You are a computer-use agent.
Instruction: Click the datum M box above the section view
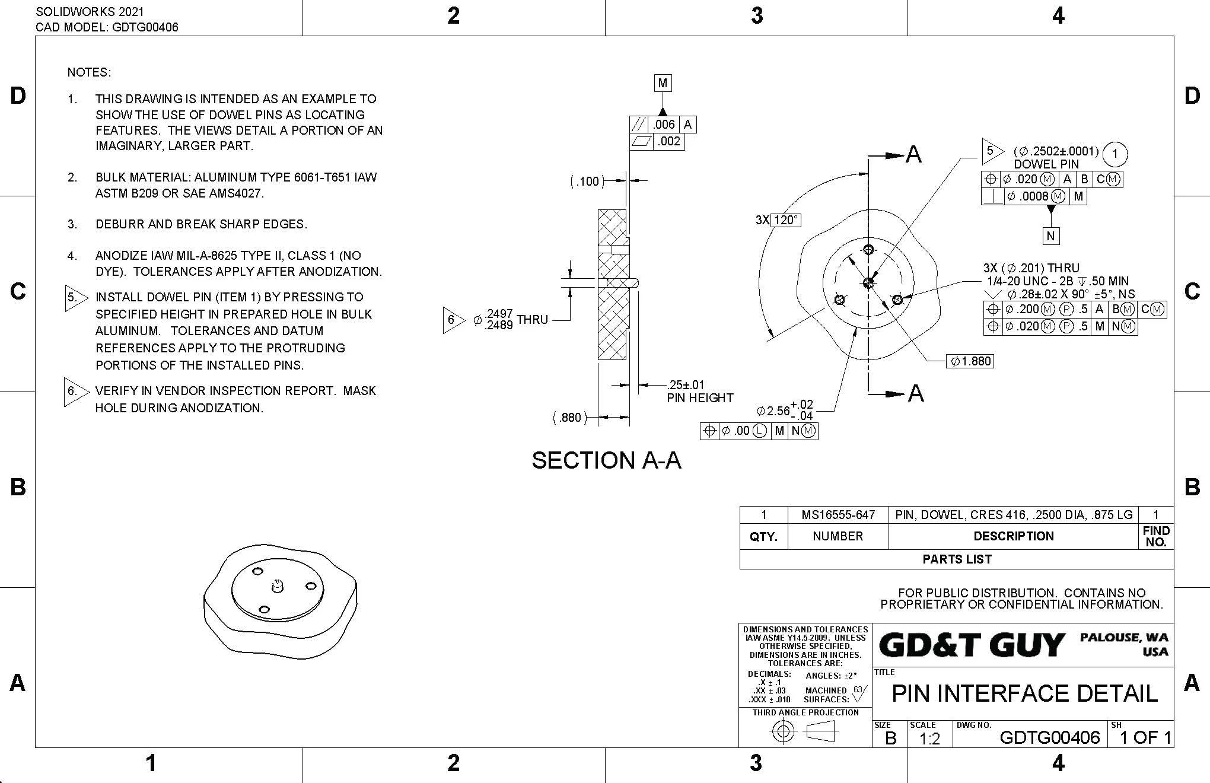(663, 83)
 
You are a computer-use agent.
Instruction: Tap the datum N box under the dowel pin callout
(1050, 236)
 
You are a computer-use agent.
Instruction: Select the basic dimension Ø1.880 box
(970, 361)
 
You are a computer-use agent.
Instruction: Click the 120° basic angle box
(786, 220)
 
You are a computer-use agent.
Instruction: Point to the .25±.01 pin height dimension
(686, 385)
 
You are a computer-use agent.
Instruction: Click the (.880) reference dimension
(570, 418)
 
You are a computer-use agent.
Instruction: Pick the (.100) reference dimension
(587, 181)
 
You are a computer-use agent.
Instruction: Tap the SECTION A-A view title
(606, 460)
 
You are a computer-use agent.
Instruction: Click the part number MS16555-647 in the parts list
(838, 515)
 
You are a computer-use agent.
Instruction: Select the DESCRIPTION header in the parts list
(1013, 536)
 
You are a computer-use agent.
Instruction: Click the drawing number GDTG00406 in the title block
(1049, 737)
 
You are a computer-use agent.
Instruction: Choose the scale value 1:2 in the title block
(929, 739)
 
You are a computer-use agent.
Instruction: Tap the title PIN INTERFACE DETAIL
(1024, 693)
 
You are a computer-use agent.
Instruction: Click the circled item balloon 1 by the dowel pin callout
(1115, 155)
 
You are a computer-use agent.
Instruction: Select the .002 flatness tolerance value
(669, 141)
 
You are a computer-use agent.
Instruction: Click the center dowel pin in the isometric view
(276, 586)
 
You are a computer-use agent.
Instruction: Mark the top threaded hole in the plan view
(869, 249)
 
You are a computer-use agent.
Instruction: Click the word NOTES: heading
(89, 72)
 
